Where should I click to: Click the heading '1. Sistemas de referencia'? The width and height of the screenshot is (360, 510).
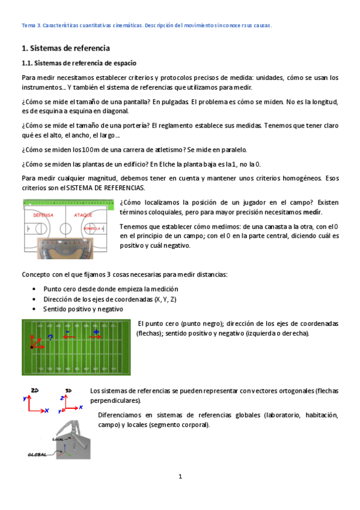(x=66, y=48)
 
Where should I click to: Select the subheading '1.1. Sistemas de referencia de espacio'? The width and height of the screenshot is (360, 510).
(x=79, y=63)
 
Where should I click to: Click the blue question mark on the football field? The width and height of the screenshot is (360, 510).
(x=50, y=337)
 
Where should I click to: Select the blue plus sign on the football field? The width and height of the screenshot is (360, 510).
(x=96, y=331)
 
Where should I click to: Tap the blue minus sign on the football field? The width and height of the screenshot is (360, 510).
(x=67, y=331)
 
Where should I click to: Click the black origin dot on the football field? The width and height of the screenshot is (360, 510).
(x=31, y=347)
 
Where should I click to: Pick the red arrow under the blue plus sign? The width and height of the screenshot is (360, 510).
(x=96, y=338)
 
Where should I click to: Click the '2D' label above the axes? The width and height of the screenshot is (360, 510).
(x=35, y=390)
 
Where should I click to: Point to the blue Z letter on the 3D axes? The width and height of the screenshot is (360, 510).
(x=62, y=398)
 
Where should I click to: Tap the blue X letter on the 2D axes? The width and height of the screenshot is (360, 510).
(x=46, y=410)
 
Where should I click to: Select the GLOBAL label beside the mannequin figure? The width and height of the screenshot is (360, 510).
(x=37, y=455)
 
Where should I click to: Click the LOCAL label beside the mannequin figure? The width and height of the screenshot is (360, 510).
(x=58, y=439)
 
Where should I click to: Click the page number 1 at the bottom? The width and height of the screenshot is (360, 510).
(x=180, y=477)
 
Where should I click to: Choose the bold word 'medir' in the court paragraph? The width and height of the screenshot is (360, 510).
(x=311, y=212)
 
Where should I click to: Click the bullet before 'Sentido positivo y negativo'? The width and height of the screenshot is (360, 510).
(x=34, y=309)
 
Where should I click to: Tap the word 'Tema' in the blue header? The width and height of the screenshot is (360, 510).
(x=28, y=26)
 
